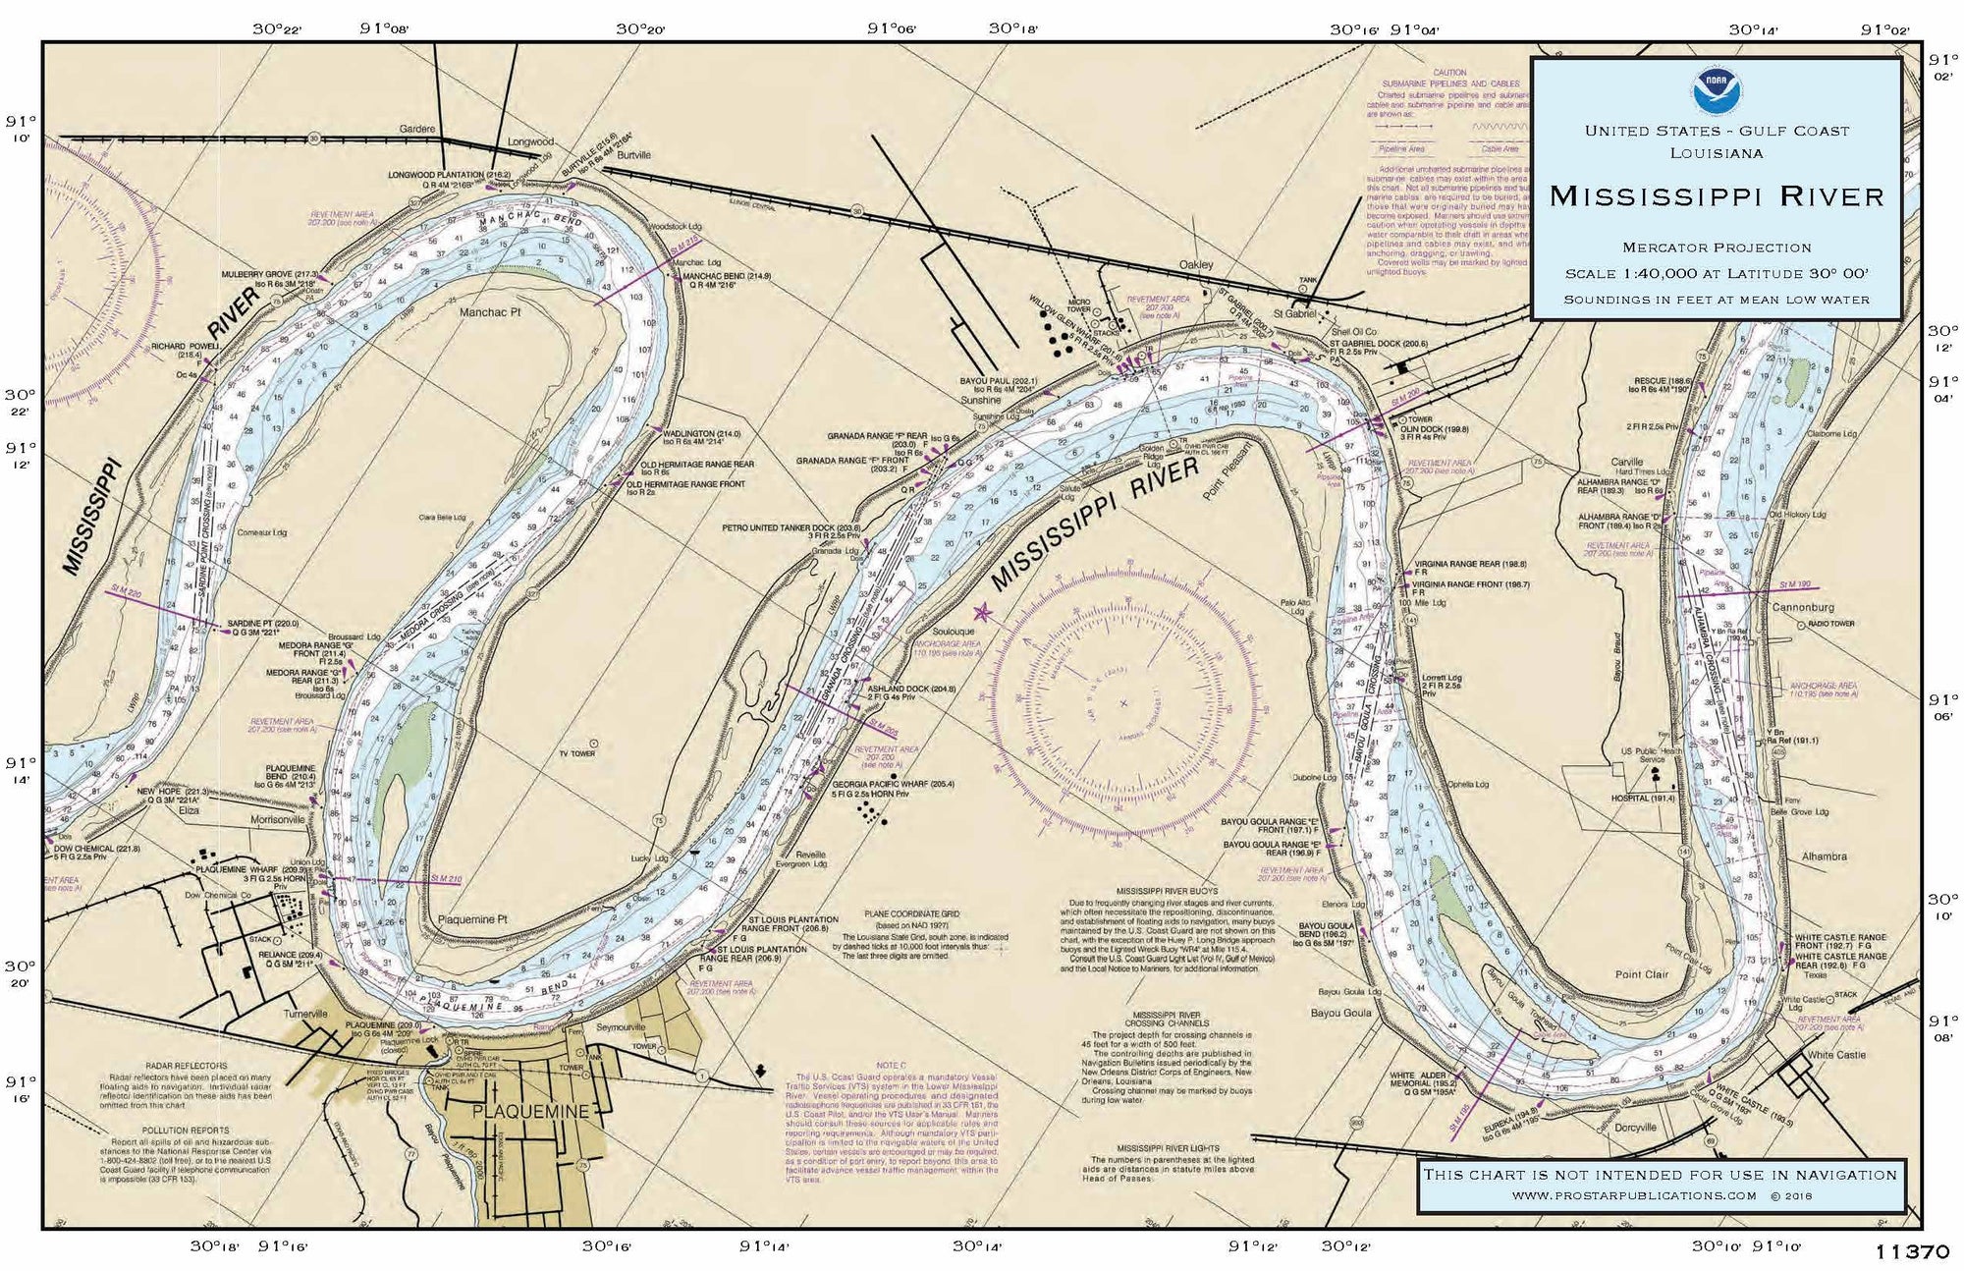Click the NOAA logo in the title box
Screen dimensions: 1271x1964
(x=1716, y=91)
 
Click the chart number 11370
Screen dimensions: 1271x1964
(x=1911, y=1252)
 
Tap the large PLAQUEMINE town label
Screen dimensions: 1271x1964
(x=530, y=1112)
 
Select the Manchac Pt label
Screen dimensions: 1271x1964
(x=490, y=312)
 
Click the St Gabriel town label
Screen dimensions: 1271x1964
(x=1294, y=313)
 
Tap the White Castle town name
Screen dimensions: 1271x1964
(x=1836, y=1055)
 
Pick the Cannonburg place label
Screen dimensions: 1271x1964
(x=1803, y=607)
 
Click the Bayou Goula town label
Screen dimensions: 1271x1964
(x=1340, y=1013)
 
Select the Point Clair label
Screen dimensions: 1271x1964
(x=1642, y=974)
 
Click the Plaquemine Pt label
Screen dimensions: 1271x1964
(x=472, y=920)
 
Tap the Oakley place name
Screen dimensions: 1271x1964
(x=1196, y=264)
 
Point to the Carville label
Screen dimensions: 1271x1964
(x=1626, y=462)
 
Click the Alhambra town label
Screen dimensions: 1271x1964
(x=1824, y=857)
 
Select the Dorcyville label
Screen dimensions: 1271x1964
(x=1635, y=1128)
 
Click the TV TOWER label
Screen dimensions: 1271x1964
(x=576, y=753)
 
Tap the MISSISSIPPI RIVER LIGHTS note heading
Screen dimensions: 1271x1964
(x=1168, y=1148)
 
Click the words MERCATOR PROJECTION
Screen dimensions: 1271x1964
(x=1717, y=248)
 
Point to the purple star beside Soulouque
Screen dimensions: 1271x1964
(x=982, y=614)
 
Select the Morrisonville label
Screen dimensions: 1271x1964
(x=278, y=819)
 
